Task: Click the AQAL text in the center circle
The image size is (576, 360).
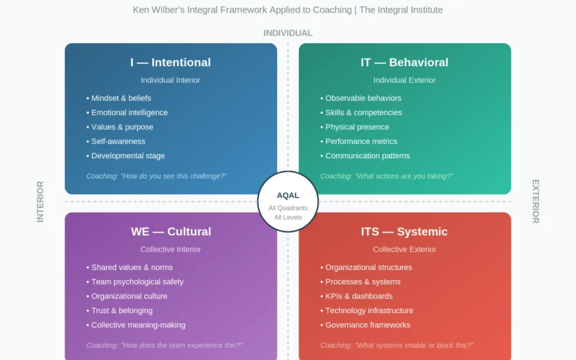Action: point(288,195)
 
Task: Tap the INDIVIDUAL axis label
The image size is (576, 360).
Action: point(288,33)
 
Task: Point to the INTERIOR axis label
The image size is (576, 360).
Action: point(40,202)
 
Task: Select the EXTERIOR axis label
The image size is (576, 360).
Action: point(536,202)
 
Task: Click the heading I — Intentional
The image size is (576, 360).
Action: point(171,62)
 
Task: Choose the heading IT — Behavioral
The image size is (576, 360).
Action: point(404,62)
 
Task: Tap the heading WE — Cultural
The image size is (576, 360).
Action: point(171,231)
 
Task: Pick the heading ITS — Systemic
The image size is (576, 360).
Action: point(404,231)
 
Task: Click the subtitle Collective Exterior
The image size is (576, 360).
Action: point(404,250)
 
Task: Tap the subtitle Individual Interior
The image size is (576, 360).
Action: point(171,80)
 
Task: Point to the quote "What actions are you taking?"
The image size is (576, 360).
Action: point(404,177)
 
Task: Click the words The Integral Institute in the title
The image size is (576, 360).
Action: point(401,10)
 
